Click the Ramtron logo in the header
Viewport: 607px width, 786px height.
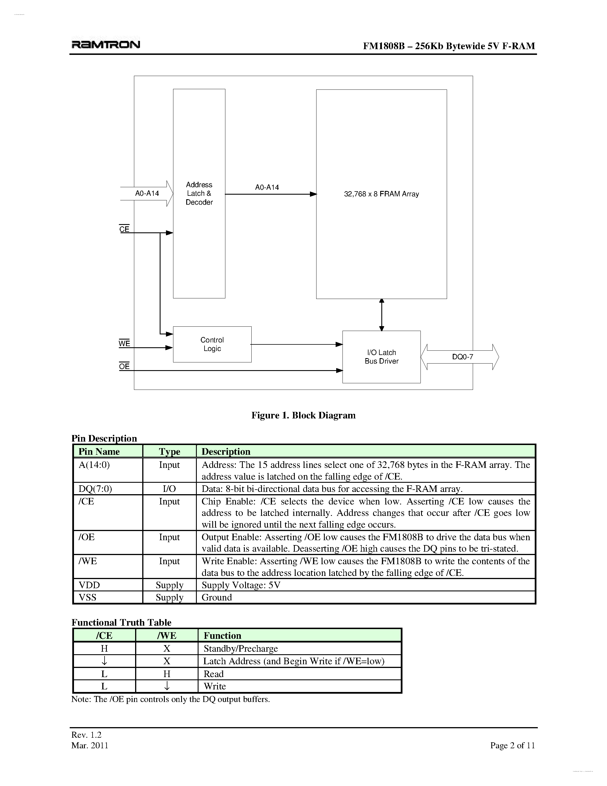106,45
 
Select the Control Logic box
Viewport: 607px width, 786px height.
212,344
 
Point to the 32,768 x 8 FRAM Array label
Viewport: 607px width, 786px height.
381,194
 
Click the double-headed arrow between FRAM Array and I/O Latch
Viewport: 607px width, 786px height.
382,315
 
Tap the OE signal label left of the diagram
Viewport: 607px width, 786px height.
124,366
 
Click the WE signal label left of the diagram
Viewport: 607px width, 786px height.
124,343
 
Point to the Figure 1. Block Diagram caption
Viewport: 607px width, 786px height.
303,415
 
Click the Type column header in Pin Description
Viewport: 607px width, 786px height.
169,451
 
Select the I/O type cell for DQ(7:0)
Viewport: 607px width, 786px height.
169,488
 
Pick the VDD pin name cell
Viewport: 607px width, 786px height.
89,585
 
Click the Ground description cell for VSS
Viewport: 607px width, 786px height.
217,597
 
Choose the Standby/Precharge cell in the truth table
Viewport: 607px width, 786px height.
241,648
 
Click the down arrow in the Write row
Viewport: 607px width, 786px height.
167,686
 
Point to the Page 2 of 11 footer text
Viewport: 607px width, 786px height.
512,745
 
